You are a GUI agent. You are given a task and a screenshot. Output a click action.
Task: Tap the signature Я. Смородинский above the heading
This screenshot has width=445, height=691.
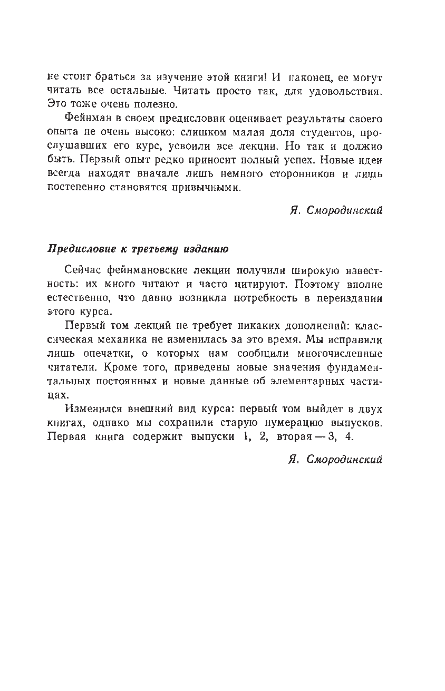336,210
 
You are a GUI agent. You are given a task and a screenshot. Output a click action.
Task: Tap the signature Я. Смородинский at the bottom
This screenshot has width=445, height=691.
336,459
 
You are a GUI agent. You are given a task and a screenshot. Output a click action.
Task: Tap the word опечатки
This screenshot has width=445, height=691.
100,353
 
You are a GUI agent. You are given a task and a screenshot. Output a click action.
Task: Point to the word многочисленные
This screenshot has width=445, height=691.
338,353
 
